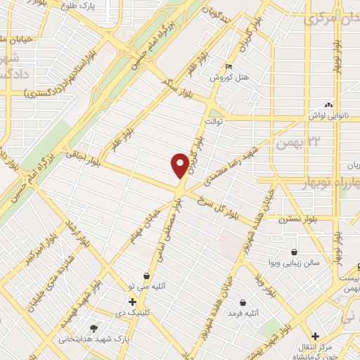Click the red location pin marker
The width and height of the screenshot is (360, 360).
(x=180, y=165)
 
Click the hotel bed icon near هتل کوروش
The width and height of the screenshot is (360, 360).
(x=227, y=67)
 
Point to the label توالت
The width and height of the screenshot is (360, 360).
(x=214, y=121)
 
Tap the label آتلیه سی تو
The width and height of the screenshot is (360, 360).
(x=146, y=286)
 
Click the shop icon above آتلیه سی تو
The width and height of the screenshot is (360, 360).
(x=146, y=276)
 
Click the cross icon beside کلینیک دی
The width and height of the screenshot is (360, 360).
(x=131, y=302)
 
